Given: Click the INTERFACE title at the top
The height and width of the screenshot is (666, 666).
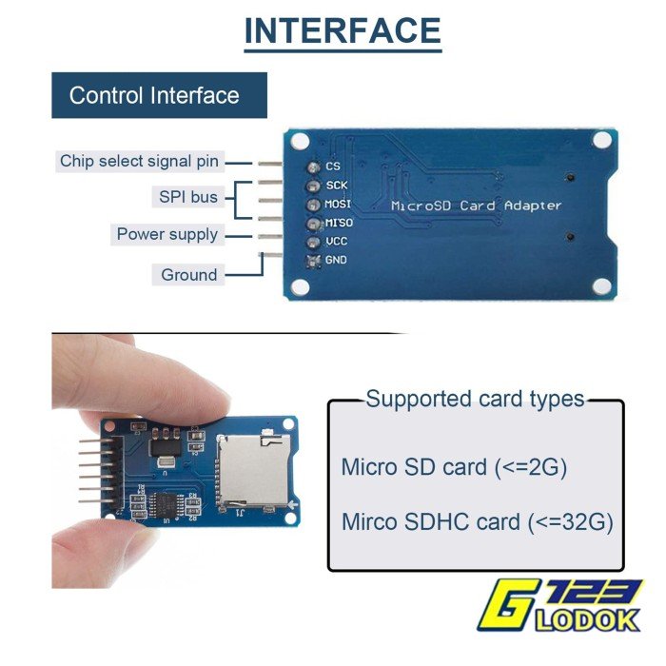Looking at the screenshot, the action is click(x=343, y=30).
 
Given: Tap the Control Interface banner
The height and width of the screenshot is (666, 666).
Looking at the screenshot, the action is click(x=159, y=95).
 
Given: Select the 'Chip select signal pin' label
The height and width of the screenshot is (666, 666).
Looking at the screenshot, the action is click(x=139, y=161).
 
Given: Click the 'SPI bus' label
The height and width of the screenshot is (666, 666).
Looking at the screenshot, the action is click(x=188, y=197).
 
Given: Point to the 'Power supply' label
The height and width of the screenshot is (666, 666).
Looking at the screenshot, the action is click(x=166, y=234).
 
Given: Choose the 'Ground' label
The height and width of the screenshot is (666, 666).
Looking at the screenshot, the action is click(x=189, y=275).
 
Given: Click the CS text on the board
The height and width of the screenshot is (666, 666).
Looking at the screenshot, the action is click(x=333, y=166).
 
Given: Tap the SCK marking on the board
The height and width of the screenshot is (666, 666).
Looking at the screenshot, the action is click(x=337, y=186).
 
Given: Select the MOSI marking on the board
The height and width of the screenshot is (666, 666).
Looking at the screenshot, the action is click(x=338, y=204).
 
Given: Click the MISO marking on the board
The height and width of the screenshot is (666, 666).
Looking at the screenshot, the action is click(x=339, y=223).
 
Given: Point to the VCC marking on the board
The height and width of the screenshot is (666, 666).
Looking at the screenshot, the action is click(x=337, y=242).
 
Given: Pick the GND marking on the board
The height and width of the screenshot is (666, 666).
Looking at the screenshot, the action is click(x=336, y=260).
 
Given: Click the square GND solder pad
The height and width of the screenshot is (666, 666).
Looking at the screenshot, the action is click(x=313, y=261).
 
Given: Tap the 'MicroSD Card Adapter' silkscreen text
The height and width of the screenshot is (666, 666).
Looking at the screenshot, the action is click(x=476, y=206).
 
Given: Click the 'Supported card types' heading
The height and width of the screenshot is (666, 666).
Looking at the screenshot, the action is click(x=476, y=399).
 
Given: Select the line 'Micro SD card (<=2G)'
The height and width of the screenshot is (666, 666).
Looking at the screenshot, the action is click(x=454, y=467).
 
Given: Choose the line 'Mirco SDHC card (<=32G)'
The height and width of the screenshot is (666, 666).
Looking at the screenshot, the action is click(x=478, y=521).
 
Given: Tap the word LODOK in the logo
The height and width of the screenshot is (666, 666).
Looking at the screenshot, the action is click(x=587, y=621).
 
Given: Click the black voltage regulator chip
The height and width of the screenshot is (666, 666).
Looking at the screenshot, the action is click(x=166, y=448).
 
